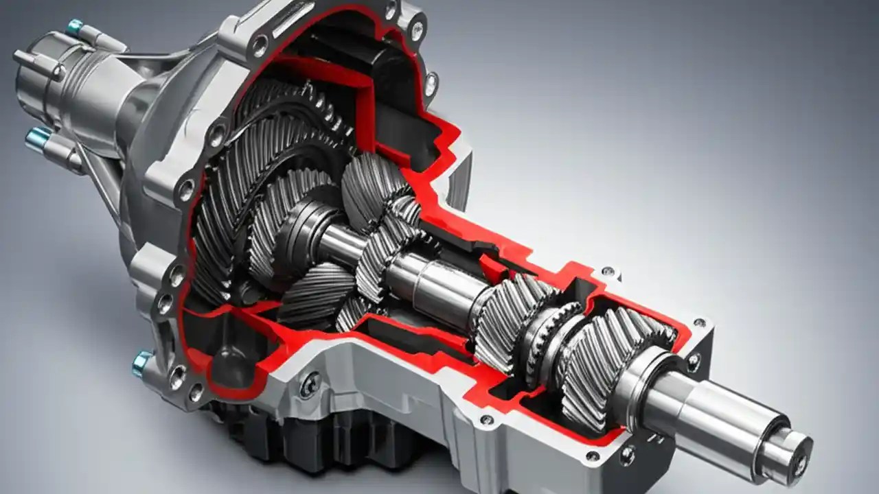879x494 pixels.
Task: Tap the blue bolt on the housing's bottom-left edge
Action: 141,362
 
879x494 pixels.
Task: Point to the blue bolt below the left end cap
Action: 38,137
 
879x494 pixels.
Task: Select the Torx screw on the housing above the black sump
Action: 309,384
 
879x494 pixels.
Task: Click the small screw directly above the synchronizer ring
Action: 608,272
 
